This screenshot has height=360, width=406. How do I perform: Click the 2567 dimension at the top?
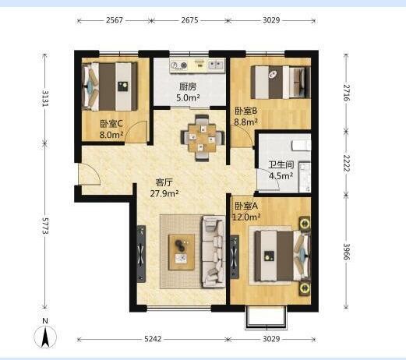[115, 20]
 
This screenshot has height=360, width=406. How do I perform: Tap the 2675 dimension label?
[189, 20]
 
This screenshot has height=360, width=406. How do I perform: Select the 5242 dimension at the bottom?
[153, 339]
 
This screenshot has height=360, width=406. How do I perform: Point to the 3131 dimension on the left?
[45, 98]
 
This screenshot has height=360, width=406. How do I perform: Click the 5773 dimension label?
[45, 226]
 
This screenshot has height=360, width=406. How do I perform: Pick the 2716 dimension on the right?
[347, 93]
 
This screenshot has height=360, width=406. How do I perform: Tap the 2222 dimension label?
[347, 163]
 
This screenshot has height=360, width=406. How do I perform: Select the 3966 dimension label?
[347, 252]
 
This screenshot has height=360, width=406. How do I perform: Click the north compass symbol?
[45, 336]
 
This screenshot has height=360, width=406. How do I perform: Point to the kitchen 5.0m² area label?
[188, 98]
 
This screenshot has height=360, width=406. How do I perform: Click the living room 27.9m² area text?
[164, 193]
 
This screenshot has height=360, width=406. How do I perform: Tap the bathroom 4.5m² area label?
[281, 176]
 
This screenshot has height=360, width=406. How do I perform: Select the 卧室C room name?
[111, 124]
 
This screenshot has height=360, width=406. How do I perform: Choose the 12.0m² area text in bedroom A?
[246, 217]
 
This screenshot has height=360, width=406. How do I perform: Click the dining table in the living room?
[203, 138]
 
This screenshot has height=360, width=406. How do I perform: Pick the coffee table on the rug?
[182, 252]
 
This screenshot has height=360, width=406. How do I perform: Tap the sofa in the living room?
[214, 252]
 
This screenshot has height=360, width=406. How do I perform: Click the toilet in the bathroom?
[302, 146]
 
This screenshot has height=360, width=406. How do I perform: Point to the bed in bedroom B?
[281, 82]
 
